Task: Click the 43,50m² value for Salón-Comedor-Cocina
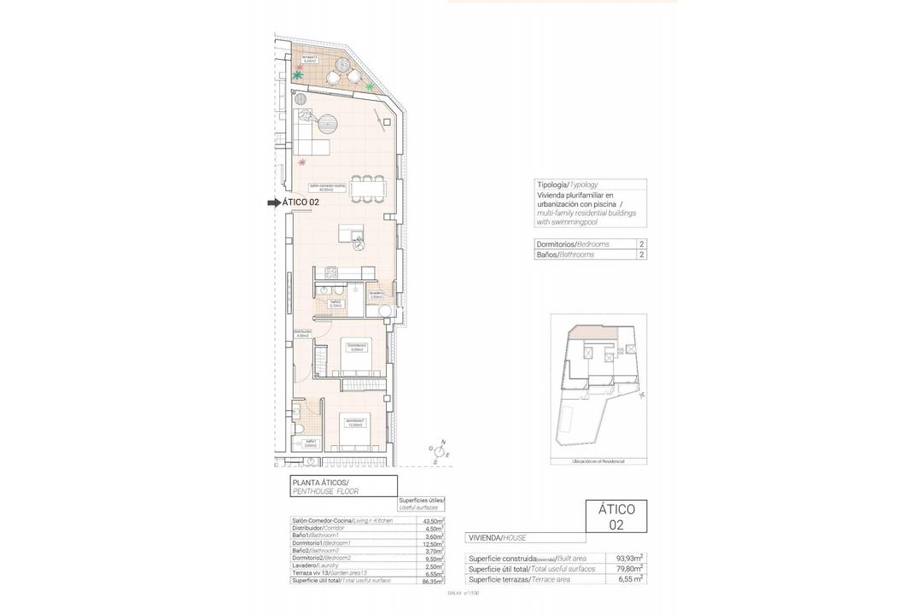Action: click(434, 520)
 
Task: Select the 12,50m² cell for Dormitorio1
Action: click(434, 542)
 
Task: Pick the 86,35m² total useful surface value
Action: click(434, 580)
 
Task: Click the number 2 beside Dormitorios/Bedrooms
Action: click(641, 243)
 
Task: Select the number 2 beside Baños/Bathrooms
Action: click(641, 255)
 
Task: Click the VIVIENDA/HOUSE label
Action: click(498, 538)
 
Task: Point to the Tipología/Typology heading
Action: click(567, 184)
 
